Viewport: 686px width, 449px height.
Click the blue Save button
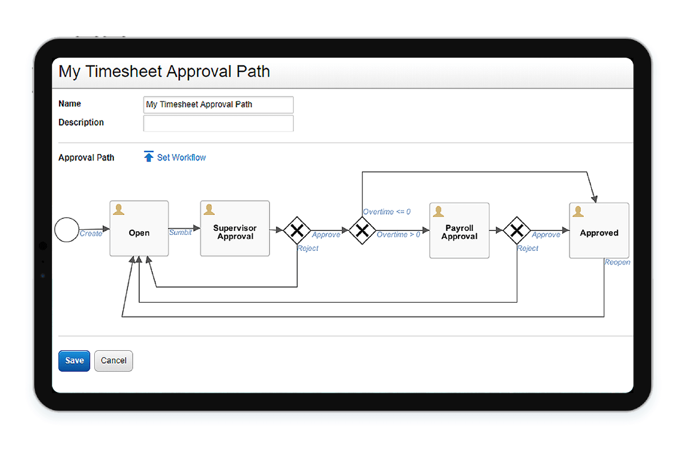74,360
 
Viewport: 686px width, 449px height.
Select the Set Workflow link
181,157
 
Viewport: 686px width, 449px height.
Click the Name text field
218,105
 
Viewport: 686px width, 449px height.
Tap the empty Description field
218,123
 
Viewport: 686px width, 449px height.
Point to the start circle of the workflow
66,230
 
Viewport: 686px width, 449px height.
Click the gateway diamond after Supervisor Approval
297,230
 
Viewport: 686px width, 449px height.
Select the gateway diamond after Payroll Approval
517,230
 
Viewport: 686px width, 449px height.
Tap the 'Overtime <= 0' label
386,212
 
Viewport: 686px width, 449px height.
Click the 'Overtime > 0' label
398,234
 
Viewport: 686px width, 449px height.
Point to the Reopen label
617,262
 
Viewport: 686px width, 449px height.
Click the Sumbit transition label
180,232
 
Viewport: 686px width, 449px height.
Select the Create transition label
91,233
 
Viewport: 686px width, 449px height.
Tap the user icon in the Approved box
579,212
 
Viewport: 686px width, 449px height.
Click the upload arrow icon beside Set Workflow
149,157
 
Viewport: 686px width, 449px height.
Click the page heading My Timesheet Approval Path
165,72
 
